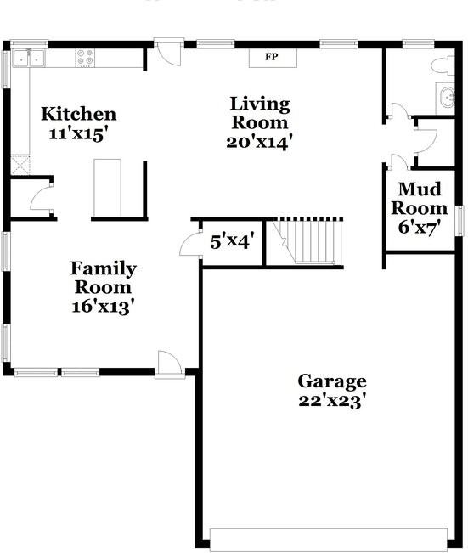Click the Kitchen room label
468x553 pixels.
pyautogui.click(x=79, y=114)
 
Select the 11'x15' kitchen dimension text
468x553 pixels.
pyautogui.click(x=79, y=133)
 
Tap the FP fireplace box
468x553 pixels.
pyautogui.click(x=272, y=57)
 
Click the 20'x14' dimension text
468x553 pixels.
pyautogui.click(x=260, y=142)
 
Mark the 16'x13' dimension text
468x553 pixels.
pyautogui.click(x=103, y=307)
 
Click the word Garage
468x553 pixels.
pyautogui.click(x=331, y=381)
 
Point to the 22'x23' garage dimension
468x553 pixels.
pyautogui.click(x=331, y=401)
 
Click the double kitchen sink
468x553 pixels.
pyautogui.click(x=33, y=58)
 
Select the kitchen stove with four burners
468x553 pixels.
pyautogui.click(x=86, y=58)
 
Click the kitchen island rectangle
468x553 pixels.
pyautogui.click(x=107, y=188)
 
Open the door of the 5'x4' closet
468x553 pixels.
pyautogui.click(x=189, y=245)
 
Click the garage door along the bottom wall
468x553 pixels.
pyautogui.click(x=328, y=539)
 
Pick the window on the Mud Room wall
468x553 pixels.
pyautogui.click(x=460, y=220)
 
